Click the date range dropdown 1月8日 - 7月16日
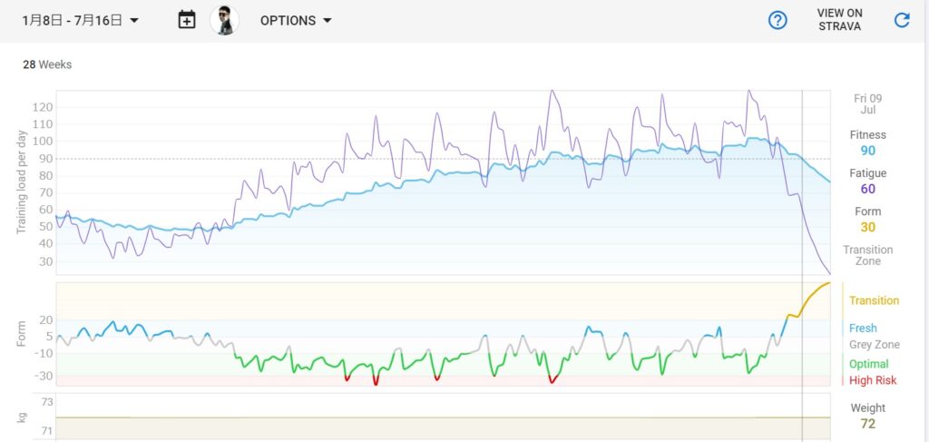(80, 20)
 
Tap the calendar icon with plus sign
(187, 20)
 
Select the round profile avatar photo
(224, 20)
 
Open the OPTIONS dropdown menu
(296, 20)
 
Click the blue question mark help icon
(777, 20)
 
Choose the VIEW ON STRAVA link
(839, 20)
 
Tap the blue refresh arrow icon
(902, 20)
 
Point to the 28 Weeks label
(47, 64)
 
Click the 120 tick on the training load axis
(42, 107)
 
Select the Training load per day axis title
(23, 182)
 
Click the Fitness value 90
(867, 151)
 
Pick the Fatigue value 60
(867, 189)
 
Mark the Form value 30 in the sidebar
(867, 227)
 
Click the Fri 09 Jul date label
(867, 103)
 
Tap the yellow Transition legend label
(874, 300)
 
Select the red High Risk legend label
(873, 380)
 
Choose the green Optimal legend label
(869, 364)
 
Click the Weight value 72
(867, 424)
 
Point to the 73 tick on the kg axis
(47, 402)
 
